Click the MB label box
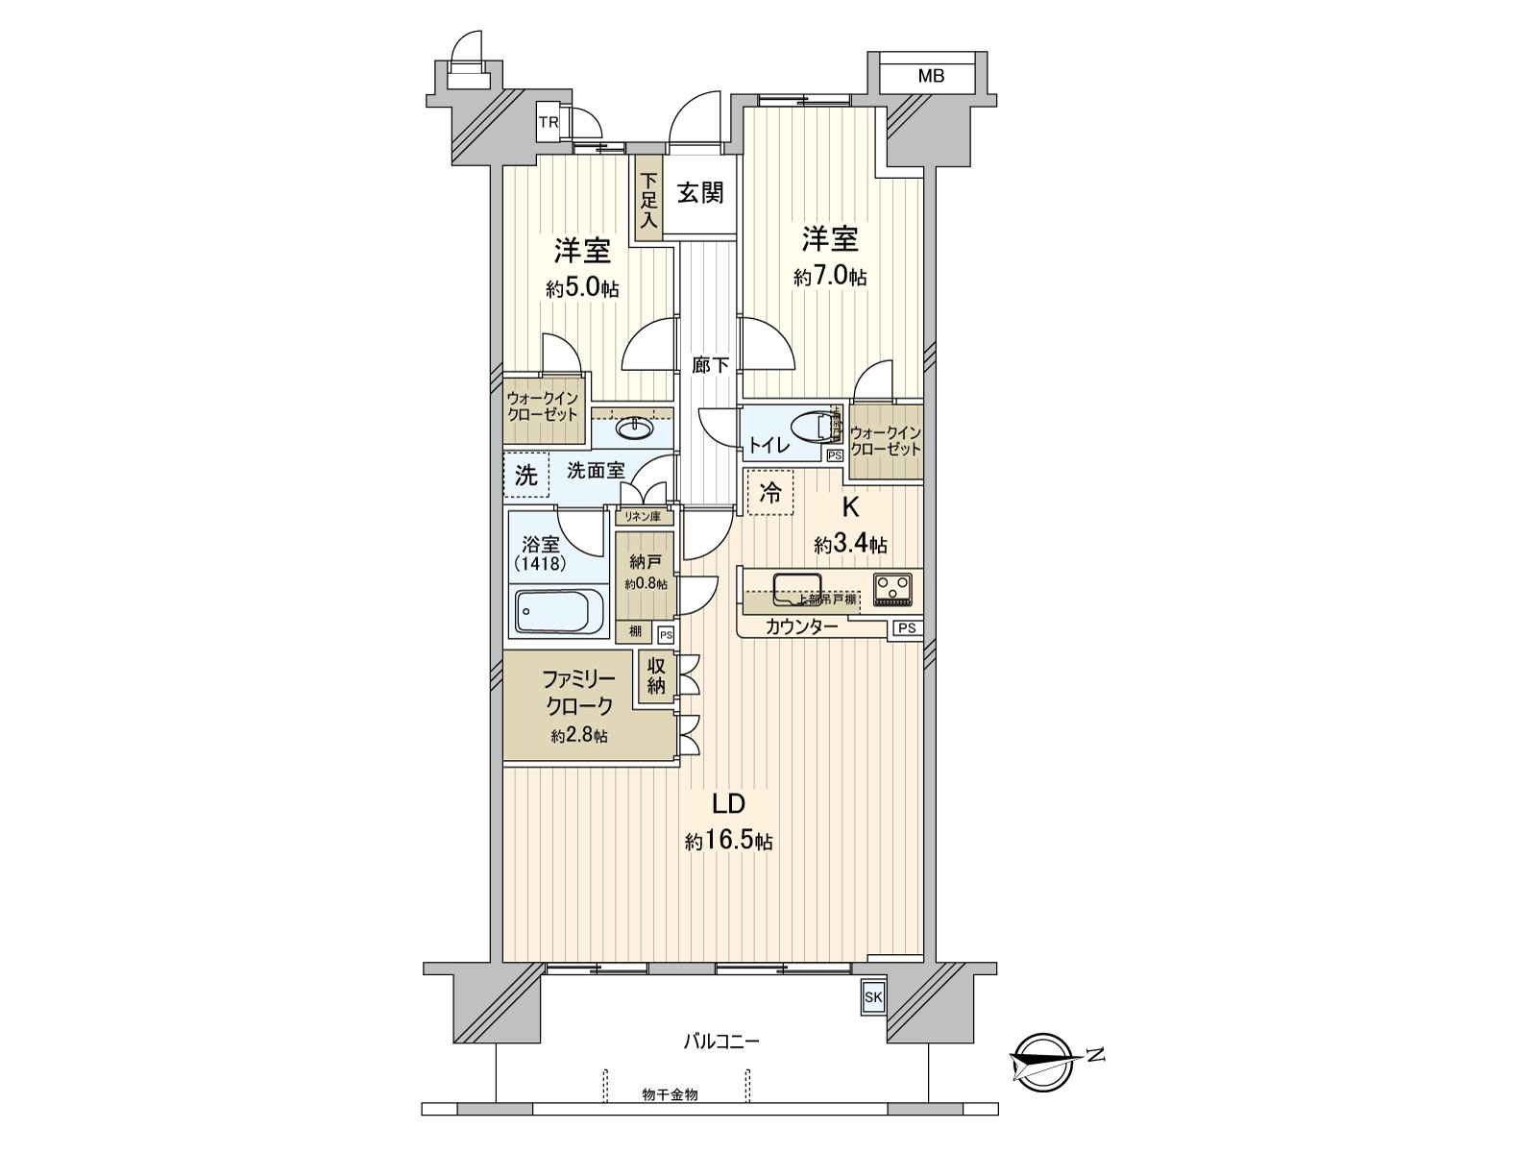tap(929, 76)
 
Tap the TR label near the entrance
tap(548, 122)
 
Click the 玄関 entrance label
tap(699, 193)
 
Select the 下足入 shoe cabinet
tap(649, 199)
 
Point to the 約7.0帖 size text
tap(830, 277)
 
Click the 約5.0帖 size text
tap(582, 289)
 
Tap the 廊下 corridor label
tap(711, 365)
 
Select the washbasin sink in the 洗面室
tap(632, 428)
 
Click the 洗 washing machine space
tap(525, 475)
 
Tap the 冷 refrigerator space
tap(770, 493)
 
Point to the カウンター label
tap(801, 627)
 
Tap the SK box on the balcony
tap(873, 996)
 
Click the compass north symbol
tap(1044, 1061)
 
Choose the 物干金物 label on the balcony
tap(670, 1094)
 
